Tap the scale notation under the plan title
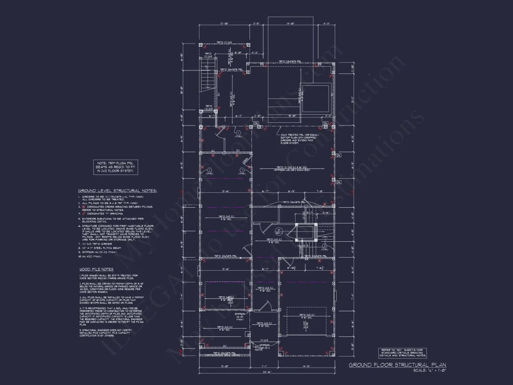coord(430,371)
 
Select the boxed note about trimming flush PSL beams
coord(116,167)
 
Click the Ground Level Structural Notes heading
coord(117,191)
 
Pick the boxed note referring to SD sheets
coord(402,353)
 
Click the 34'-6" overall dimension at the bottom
coord(267,372)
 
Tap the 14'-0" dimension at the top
coord(291,23)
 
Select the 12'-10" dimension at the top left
coord(224,23)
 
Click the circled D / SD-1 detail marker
coord(279,231)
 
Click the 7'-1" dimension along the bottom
coord(265,366)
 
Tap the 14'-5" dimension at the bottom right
coord(306,366)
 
